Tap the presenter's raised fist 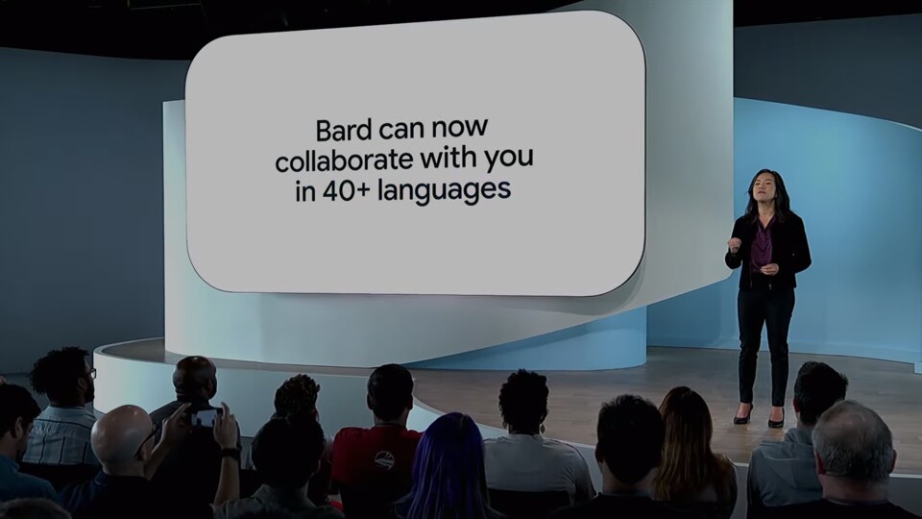pyautogui.click(x=734, y=244)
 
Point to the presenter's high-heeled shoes pyautogui.click(x=759, y=416)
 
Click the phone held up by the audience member pyautogui.click(x=206, y=417)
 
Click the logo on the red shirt pyautogui.click(x=384, y=459)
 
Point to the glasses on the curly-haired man pyautogui.click(x=91, y=373)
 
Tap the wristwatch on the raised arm pyautogui.click(x=230, y=454)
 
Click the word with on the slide pyautogui.click(x=449, y=159)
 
